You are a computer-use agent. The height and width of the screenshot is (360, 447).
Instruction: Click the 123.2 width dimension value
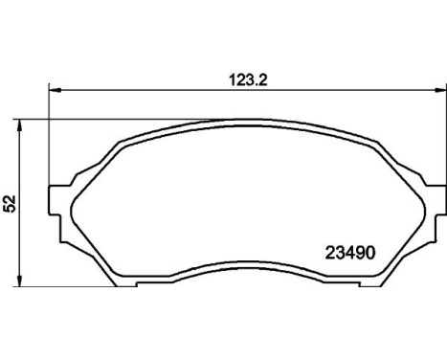(248, 80)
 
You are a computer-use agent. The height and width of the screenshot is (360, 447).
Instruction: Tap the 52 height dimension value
(10, 203)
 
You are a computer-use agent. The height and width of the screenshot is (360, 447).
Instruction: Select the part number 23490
(350, 253)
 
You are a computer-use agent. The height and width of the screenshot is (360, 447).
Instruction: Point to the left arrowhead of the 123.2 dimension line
(55, 90)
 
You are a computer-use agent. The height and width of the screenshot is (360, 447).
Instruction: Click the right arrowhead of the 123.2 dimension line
(439, 90)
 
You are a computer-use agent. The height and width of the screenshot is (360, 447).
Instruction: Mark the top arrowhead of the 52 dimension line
(20, 125)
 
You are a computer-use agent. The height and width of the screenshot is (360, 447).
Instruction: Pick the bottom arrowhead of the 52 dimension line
(20, 281)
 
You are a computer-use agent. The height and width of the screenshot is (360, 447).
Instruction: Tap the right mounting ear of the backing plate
(436, 200)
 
